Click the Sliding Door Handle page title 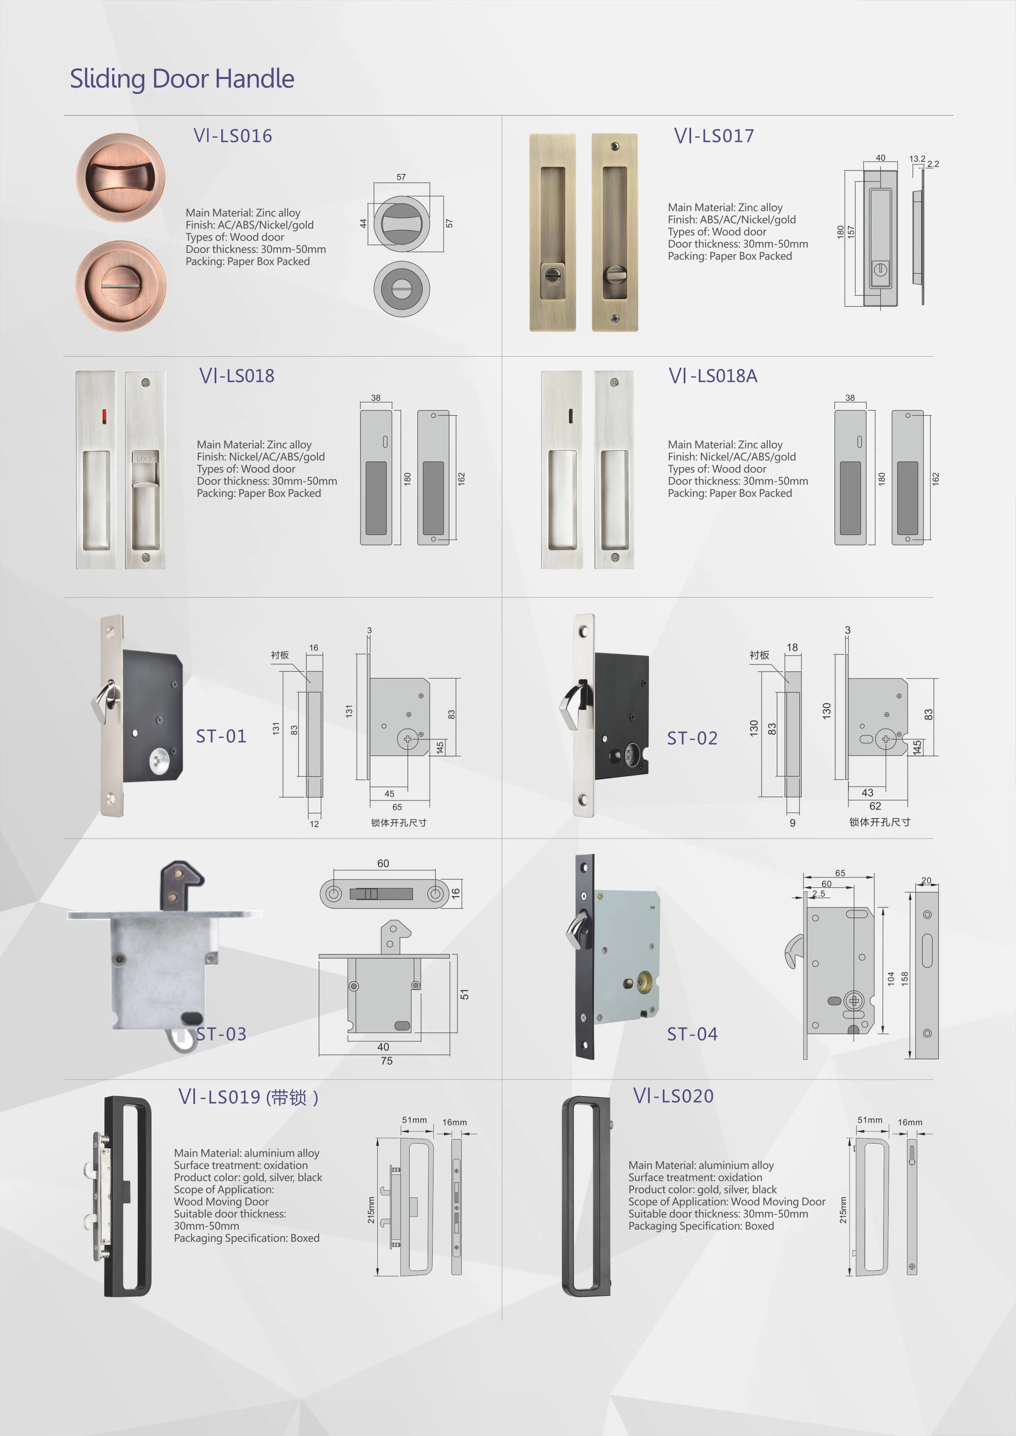(x=181, y=79)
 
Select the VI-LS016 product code (x=233, y=136)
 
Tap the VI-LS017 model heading (x=714, y=136)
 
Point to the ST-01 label (x=221, y=736)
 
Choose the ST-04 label (x=692, y=1034)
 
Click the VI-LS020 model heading (x=673, y=1096)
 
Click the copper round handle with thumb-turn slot (x=121, y=286)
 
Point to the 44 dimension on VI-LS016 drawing (x=363, y=223)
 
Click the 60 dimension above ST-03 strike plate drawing (x=383, y=863)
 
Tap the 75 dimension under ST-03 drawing (x=387, y=1061)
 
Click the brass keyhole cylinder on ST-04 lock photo (x=644, y=981)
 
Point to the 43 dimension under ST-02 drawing (x=867, y=792)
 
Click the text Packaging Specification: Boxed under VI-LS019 (x=247, y=1238)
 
